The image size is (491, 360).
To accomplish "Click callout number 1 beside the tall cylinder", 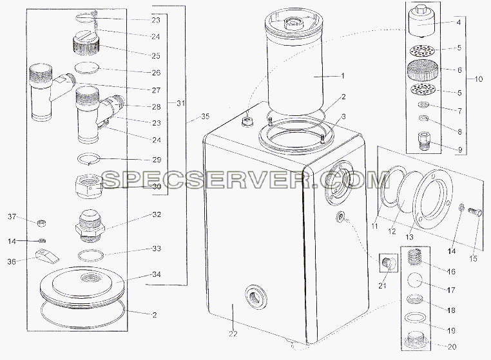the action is tap(343, 76).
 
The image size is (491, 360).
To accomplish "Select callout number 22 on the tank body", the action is tap(233, 334).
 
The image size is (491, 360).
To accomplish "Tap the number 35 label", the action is tap(205, 117).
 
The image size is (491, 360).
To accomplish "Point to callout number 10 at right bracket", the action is tap(479, 79).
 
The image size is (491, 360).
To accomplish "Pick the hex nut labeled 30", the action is tap(89, 186).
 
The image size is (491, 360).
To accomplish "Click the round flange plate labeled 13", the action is tap(433, 199).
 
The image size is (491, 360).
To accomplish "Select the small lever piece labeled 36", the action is tap(48, 256).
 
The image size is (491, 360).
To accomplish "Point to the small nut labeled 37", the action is tap(42, 223).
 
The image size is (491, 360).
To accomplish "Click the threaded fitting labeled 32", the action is tap(90, 225).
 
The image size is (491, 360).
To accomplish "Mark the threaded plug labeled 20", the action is tap(416, 339).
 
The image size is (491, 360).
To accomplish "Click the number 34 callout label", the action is tap(157, 274).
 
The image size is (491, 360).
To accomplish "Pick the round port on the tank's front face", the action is tap(256, 297).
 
